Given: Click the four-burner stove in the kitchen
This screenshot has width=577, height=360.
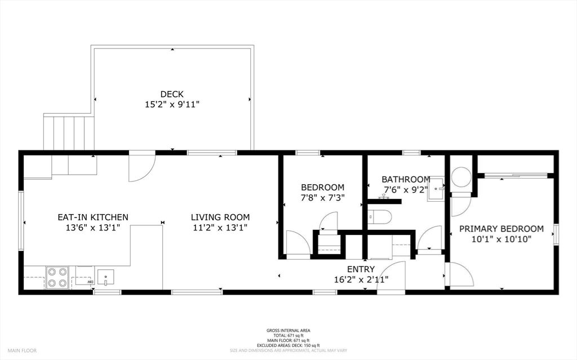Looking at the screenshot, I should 57,277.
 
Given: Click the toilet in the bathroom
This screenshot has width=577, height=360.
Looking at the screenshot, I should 380,217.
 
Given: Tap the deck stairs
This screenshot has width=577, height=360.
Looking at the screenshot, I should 69,133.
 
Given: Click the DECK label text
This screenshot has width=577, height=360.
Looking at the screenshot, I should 172,94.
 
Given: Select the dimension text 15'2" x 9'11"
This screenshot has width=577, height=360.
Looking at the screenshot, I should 172,104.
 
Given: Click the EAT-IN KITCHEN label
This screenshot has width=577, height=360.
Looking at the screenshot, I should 93,217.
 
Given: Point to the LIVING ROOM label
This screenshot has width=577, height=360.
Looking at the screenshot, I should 220,217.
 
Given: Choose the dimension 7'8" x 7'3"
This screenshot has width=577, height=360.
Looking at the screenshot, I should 322,198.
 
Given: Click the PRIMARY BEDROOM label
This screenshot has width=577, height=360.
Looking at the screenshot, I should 501,229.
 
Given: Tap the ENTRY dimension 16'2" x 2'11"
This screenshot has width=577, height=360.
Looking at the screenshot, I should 361,279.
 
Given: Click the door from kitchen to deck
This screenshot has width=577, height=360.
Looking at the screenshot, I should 141,167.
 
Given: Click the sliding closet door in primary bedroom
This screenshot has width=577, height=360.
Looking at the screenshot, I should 516,176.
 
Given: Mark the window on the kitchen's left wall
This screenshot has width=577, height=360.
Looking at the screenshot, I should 21,221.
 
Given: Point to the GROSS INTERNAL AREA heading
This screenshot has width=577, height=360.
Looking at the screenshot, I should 288,331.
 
